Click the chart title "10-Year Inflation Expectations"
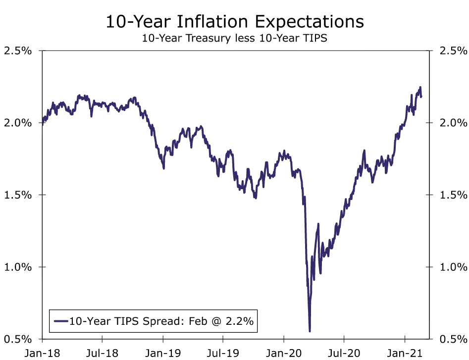tap(234, 22)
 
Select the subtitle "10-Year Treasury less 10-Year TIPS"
tap(234, 38)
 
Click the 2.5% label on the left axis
tap(18, 51)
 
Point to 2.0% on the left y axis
tap(18, 123)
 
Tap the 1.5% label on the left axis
tap(18, 195)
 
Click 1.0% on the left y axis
tap(18, 267)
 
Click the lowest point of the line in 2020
tap(310, 331)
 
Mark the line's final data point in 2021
tap(421, 97)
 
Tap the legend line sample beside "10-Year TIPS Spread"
tap(60, 321)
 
